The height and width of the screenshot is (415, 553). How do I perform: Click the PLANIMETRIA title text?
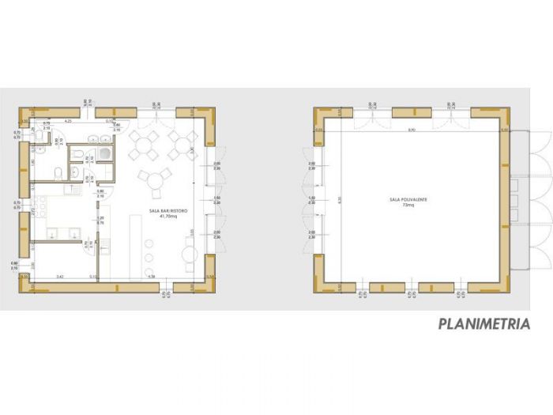[x=483, y=323]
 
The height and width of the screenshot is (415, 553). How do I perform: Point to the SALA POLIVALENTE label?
[x=408, y=200]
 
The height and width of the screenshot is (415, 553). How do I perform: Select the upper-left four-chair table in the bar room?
[x=145, y=145]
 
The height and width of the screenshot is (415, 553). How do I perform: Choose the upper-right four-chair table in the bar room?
[x=182, y=145]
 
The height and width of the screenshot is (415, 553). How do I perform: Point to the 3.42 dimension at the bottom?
[x=60, y=277]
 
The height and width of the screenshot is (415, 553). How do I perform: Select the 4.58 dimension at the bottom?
[x=150, y=277]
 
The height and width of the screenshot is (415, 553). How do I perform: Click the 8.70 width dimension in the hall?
[x=411, y=130]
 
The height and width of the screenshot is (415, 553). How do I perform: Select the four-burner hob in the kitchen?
[x=42, y=207]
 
